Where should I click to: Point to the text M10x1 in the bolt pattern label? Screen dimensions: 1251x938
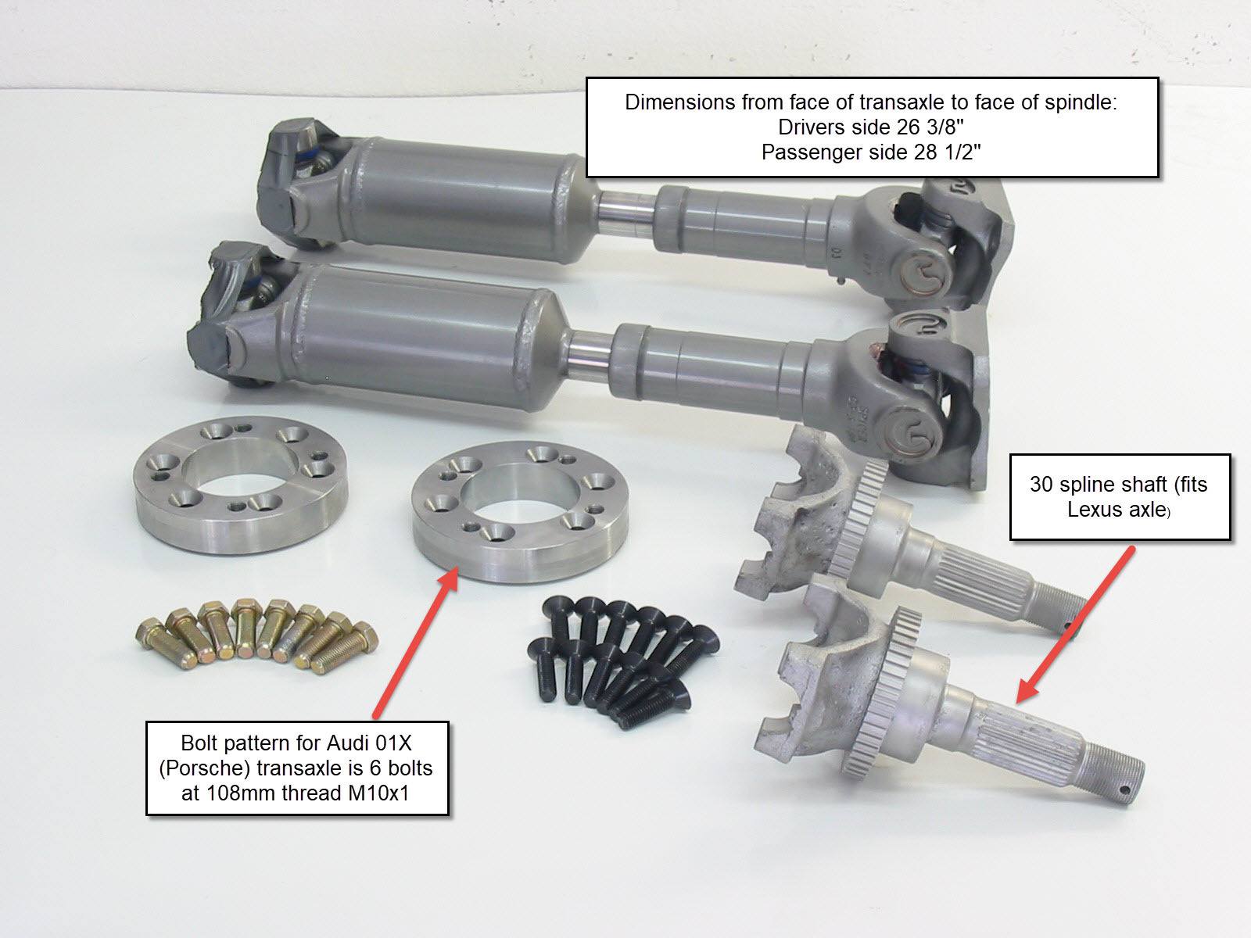click(378, 793)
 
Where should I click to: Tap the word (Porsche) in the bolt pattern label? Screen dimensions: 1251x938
click(205, 768)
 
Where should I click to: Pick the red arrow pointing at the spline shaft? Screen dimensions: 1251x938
click(1075, 625)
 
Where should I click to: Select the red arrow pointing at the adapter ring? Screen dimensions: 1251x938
click(416, 642)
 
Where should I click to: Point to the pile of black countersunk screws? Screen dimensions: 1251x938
click(622, 661)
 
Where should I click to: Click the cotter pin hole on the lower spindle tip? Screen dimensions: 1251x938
click(1124, 790)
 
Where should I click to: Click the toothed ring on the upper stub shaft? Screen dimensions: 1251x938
click(857, 518)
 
